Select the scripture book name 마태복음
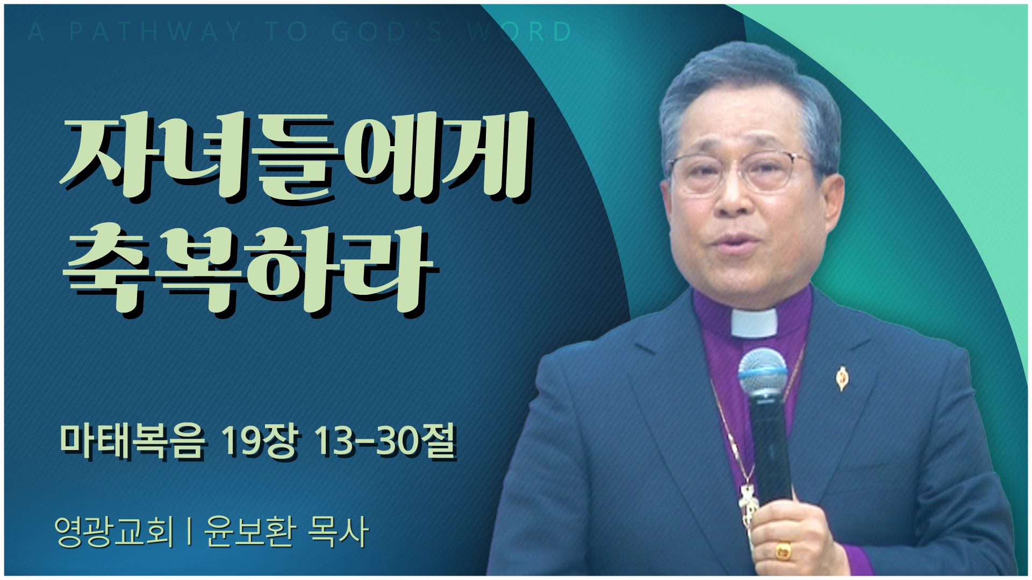tap(132, 441)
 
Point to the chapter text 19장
tap(259, 441)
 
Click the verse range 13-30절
tap(385, 441)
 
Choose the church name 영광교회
tap(114, 532)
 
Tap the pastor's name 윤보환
tap(250, 532)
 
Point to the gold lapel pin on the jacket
tap(842, 378)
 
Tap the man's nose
tap(734, 199)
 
